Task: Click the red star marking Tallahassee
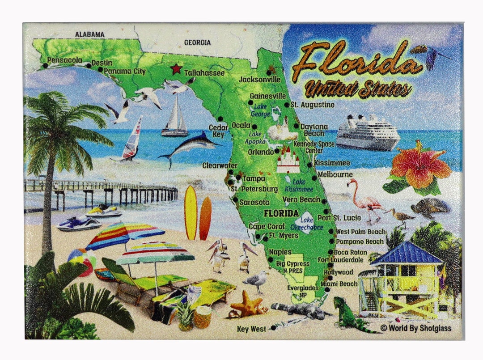[x=176, y=69]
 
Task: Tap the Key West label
[x=252, y=329]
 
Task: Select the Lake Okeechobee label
[x=307, y=223]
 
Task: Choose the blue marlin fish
[x=188, y=147]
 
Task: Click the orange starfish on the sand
[x=247, y=305]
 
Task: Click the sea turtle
[x=430, y=207]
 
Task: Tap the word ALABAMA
[x=89, y=34]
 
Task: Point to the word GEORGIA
[x=197, y=42]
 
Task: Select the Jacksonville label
[x=260, y=80]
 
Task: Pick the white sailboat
[x=175, y=118]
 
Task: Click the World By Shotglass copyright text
[x=416, y=328]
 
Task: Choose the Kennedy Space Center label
[x=314, y=147]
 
